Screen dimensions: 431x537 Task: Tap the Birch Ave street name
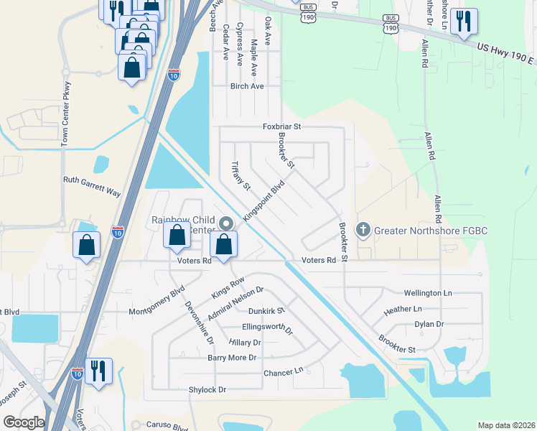pyautogui.click(x=247, y=86)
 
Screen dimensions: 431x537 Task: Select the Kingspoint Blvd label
pyautogui.click(x=264, y=200)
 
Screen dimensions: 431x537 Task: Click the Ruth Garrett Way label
pyautogui.click(x=92, y=182)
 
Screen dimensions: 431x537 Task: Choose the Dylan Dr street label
pyautogui.click(x=429, y=324)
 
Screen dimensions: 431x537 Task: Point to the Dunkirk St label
pyautogui.click(x=266, y=311)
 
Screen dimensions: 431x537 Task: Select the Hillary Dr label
pyautogui.click(x=245, y=343)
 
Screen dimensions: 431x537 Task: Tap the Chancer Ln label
pyautogui.click(x=284, y=372)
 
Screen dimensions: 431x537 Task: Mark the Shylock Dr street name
pyautogui.click(x=207, y=389)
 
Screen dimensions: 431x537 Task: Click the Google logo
pyautogui.click(x=23, y=422)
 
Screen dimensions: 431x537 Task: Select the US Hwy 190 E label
pyautogui.click(x=505, y=53)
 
